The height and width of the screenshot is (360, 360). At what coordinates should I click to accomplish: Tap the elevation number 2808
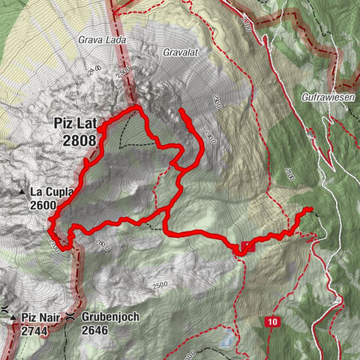(75, 139)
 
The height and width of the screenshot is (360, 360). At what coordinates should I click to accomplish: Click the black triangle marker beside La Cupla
(24, 193)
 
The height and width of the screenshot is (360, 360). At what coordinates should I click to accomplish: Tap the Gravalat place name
(180, 52)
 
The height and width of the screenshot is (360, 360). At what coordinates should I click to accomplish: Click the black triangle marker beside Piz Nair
(13, 319)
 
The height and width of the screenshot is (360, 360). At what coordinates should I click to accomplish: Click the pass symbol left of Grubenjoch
(70, 317)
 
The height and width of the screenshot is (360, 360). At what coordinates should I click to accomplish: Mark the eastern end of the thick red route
(309, 209)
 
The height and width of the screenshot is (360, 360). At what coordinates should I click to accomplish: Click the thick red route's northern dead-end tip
(181, 111)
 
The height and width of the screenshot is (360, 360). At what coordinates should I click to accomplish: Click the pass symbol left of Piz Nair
(4, 309)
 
